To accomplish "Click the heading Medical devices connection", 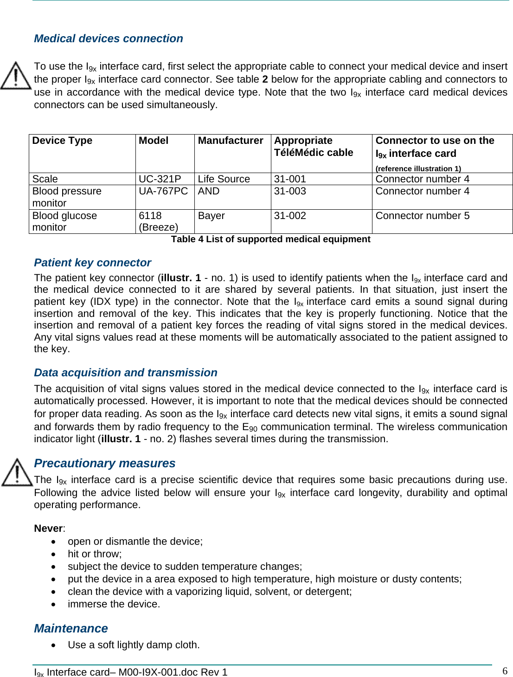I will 109,39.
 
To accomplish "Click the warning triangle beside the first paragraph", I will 16,76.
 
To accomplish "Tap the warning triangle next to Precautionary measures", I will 17,472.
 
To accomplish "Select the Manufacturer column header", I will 231,141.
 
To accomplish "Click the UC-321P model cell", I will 160,179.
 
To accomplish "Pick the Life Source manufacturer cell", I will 224,179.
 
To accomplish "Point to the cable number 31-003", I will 290,191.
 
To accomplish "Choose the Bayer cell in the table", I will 212,216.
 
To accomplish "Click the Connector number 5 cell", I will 423,216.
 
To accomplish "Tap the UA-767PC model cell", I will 163,191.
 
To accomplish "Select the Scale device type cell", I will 45,179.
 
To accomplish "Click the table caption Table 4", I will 270,239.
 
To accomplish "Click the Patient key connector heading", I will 93,263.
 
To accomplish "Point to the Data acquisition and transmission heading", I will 126,373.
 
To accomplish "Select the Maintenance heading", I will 71,628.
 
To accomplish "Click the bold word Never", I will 49,529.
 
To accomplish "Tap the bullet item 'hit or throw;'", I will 95,554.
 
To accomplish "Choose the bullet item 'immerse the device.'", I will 114,604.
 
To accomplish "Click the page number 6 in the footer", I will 505,671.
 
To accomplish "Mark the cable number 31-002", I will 290,216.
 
